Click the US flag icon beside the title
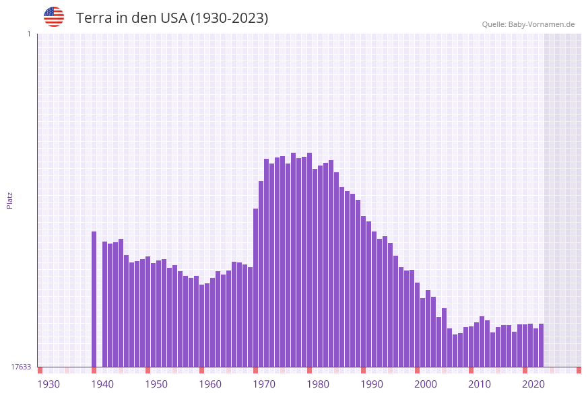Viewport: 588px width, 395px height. pyautogui.click(x=54, y=17)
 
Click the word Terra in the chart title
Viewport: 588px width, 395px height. pyautogui.click(x=94, y=18)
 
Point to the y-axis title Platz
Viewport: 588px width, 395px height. pyautogui.click(x=10, y=200)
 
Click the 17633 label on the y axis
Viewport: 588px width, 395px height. pyautogui.click(x=21, y=367)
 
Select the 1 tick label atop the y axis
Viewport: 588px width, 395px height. pyautogui.click(x=28, y=34)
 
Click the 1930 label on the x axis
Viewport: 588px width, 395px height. pyautogui.click(x=48, y=384)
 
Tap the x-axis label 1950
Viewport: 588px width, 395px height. pyautogui.click(x=156, y=384)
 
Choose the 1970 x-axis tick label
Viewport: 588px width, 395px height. pyautogui.click(x=264, y=384)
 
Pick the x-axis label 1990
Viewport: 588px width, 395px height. pyautogui.click(x=372, y=384)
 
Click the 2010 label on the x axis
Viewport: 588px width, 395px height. pyautogui.click(x=480, y=384)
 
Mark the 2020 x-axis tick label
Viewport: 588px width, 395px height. pyautogui.click(x=533, y=384)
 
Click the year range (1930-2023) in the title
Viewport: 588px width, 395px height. pyautogui.click(x=229, y=18)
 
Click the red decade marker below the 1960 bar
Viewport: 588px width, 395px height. pyautogui.click(x=201, y=370)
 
